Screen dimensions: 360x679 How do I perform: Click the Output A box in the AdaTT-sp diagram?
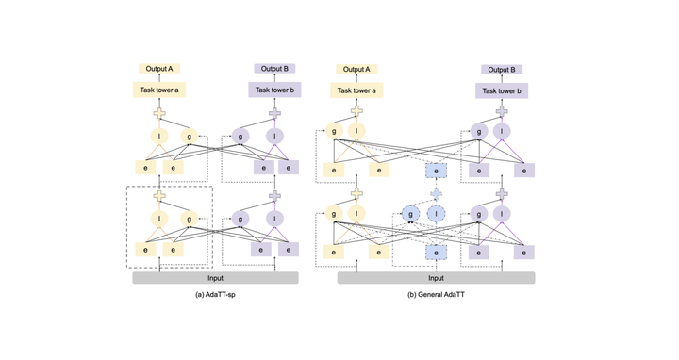tap(158, 69)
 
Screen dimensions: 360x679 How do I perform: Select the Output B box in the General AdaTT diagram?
tap(501, 70)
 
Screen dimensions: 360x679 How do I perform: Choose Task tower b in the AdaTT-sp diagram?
tap(274, 90)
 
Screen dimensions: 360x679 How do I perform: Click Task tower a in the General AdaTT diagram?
tap(356, 90)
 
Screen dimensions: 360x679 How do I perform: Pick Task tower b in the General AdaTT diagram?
tap(501, 91)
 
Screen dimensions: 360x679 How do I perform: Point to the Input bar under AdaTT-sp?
tap(216, 278)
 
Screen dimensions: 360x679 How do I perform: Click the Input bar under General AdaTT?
tap(436, 278)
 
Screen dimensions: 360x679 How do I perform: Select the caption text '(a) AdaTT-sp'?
tap(216, 295)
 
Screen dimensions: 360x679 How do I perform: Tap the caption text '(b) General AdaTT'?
tap(436, 295)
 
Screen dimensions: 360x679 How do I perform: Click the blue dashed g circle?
tap(411, 215)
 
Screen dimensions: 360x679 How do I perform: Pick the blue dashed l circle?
tap(437, 215)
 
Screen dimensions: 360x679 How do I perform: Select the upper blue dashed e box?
tap(436, 171)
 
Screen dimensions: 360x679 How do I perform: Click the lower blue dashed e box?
tap(436, 253)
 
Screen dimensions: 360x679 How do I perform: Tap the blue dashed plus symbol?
tap(436, 193)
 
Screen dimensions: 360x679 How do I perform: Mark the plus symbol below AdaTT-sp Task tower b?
tap(274, 113)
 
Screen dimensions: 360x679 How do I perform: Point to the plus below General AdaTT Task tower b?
tap(501, 112)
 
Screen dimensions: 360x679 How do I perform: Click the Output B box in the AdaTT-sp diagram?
tap(274, 69)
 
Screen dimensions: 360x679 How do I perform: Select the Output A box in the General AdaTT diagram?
tap(356, 69)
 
